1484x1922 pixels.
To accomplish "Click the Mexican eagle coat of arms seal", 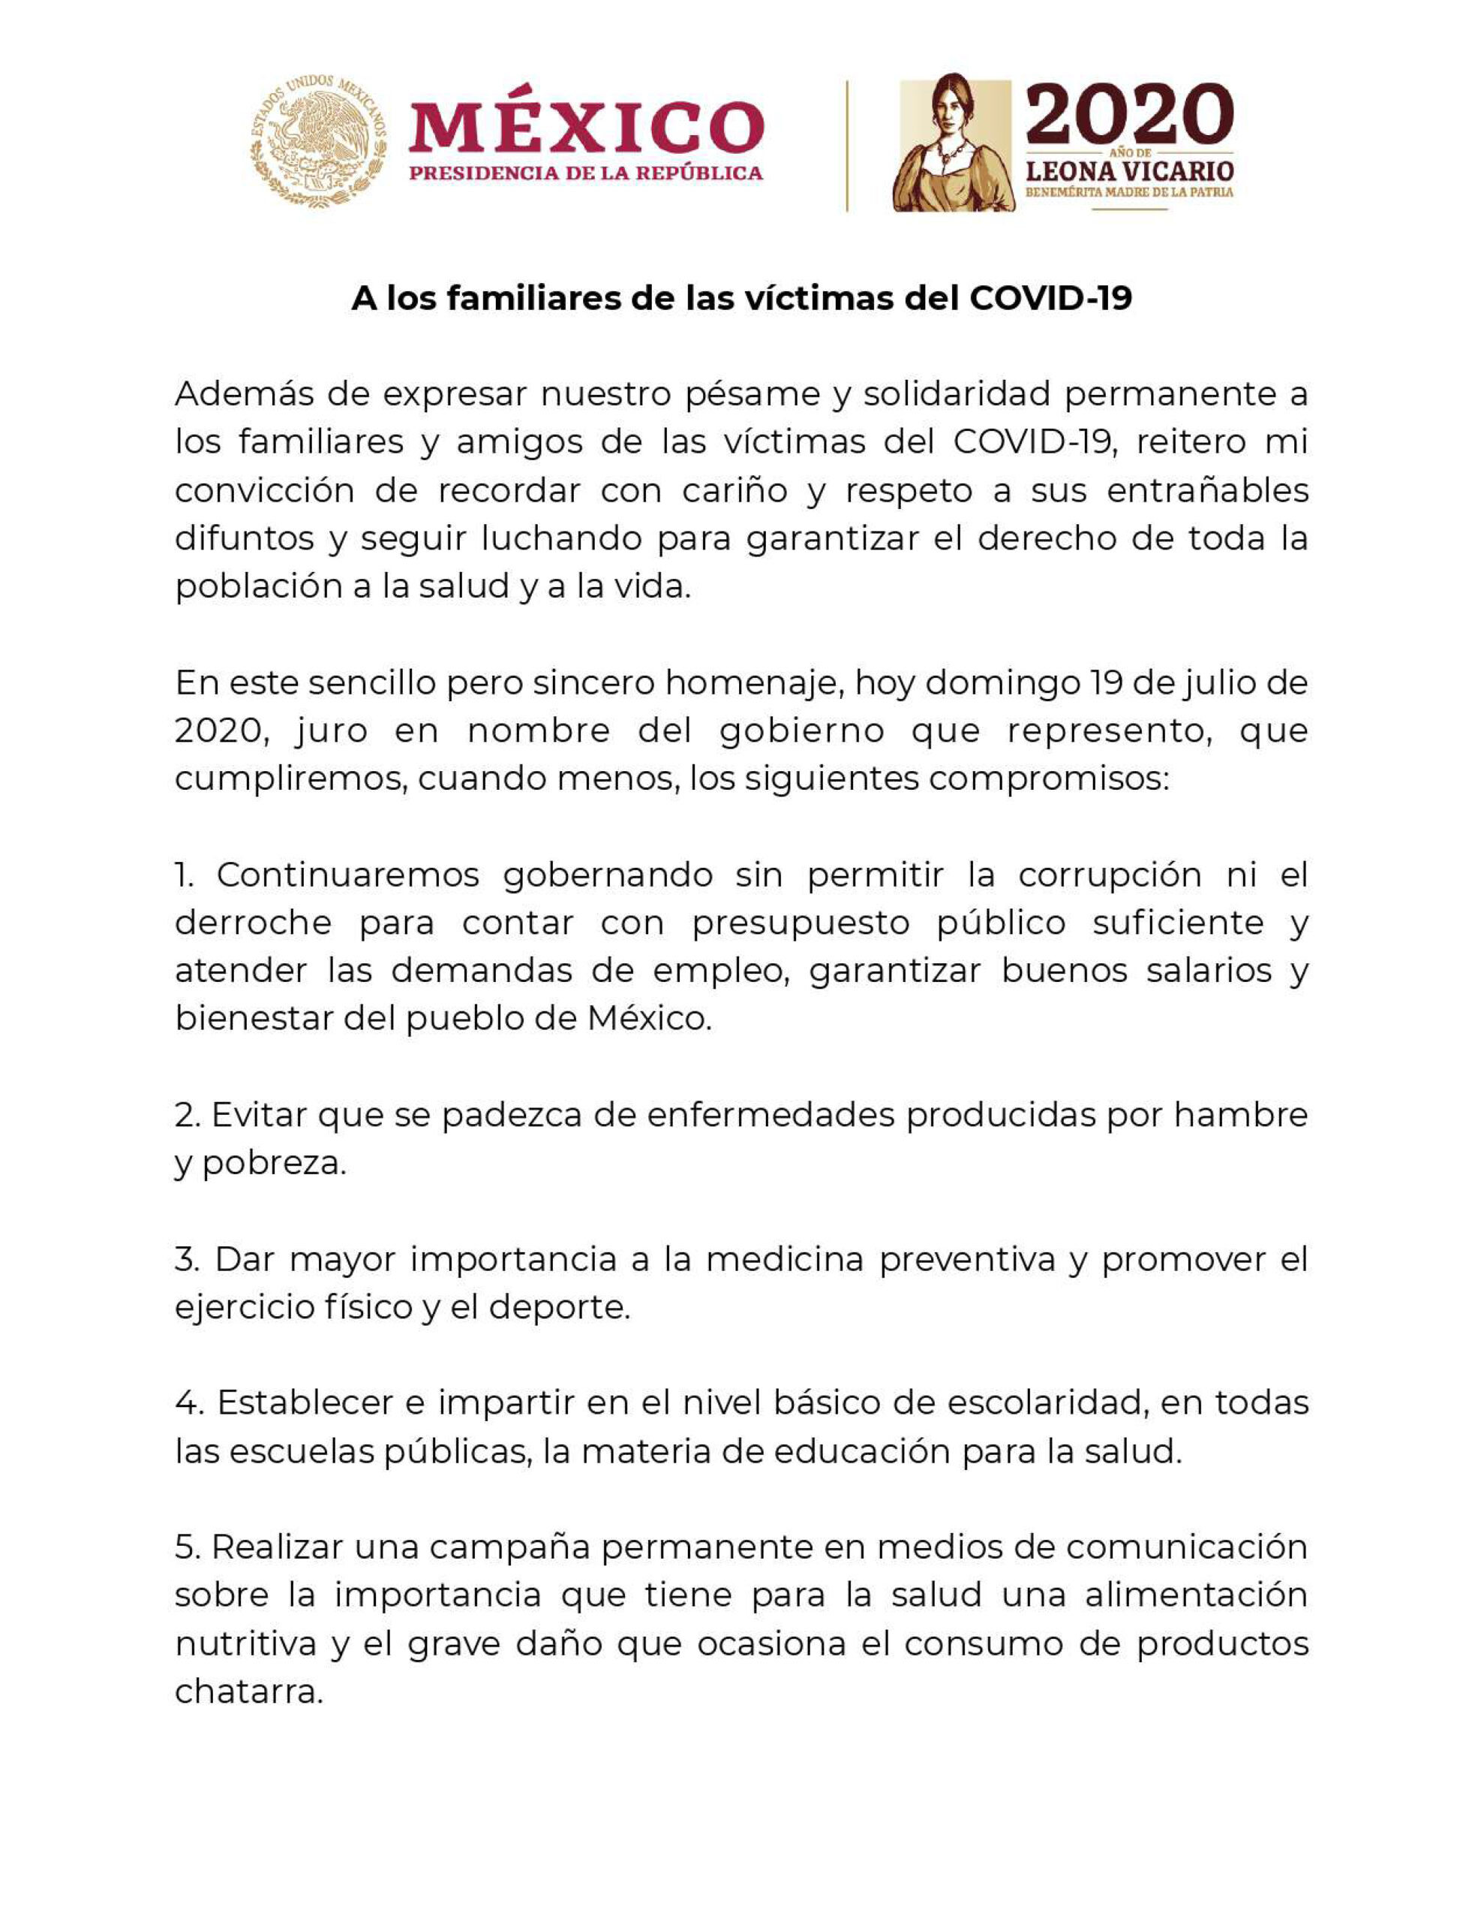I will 318,142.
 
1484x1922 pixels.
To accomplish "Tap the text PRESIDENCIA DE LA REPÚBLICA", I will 586,173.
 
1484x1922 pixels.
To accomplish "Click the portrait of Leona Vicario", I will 953,143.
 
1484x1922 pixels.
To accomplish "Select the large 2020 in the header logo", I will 1129,114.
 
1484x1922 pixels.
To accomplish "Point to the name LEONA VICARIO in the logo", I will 1129,170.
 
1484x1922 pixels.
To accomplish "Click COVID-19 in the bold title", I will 1050,300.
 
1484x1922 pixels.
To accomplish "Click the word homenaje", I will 750,683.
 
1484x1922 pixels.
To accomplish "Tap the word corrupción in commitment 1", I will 1110,875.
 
